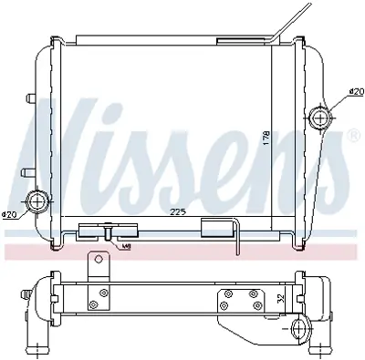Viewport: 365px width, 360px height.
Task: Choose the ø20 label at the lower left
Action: point(10,214)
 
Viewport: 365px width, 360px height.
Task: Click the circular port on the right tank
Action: point(320,116)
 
